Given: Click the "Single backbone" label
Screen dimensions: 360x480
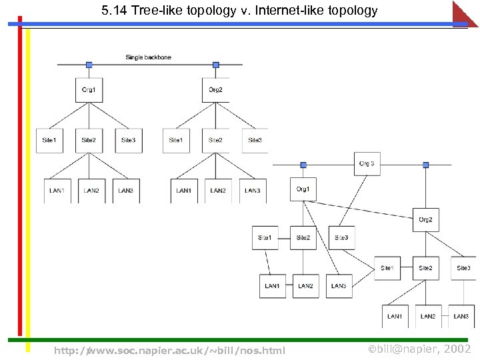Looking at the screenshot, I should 148,57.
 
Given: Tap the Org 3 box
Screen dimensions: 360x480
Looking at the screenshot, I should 367,163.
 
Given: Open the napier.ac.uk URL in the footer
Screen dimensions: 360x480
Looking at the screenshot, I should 169,351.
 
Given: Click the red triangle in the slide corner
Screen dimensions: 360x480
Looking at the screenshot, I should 466,13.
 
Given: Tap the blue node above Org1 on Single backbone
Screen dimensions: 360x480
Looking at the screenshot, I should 89,65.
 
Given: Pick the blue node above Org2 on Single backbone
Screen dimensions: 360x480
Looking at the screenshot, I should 215,65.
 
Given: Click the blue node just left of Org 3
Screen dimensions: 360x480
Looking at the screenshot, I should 303,165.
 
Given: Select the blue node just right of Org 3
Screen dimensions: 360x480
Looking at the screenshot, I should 425,165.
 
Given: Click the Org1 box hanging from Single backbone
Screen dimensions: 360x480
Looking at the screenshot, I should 89,90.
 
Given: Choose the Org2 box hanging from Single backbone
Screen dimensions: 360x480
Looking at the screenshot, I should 215,90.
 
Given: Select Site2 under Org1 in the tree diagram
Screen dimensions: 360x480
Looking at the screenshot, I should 89,140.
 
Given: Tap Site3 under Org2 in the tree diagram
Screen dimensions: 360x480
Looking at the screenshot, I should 255,140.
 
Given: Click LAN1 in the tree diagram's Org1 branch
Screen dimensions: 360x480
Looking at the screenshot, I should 57,191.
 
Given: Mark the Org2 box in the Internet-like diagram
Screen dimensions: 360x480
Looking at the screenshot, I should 425,220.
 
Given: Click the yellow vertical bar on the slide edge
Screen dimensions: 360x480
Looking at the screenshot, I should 27,187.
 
